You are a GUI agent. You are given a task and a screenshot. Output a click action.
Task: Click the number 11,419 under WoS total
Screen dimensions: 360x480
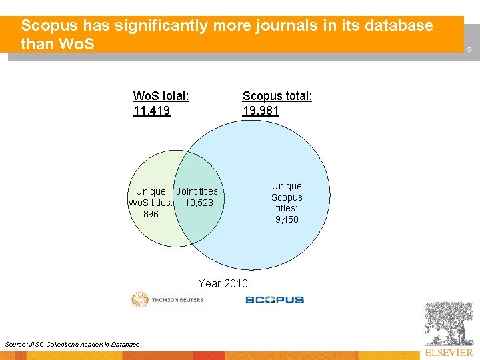click(152, 111)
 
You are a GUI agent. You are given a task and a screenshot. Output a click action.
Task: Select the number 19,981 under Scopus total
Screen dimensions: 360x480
click(261, 111)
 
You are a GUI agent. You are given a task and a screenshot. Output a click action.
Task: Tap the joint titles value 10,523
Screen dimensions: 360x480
click(199, 203)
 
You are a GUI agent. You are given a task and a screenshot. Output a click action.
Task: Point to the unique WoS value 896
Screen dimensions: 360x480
click(151, 214)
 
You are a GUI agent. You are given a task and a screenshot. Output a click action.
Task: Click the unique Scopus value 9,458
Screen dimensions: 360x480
click(287, 219)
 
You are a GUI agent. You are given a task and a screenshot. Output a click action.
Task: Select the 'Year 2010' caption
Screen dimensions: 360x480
click(223, 283)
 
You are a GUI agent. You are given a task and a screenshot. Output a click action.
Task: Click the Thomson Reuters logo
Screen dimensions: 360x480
click(167, 300)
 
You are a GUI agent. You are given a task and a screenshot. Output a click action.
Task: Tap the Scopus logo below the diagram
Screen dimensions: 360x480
click(274, 300)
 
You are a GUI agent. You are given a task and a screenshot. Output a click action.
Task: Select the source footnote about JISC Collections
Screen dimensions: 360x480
click(72, 344)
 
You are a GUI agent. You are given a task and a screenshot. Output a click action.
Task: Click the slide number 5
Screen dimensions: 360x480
click(469, 50)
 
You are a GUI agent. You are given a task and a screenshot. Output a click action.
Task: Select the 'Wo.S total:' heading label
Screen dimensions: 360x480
click(161, 96)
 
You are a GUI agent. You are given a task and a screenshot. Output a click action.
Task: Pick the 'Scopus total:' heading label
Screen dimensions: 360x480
click(277, 96)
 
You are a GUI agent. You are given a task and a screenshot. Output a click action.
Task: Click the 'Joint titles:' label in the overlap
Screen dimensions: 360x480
click(198, 192)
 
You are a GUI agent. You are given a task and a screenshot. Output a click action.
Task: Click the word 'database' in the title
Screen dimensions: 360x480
click(398, 26)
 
